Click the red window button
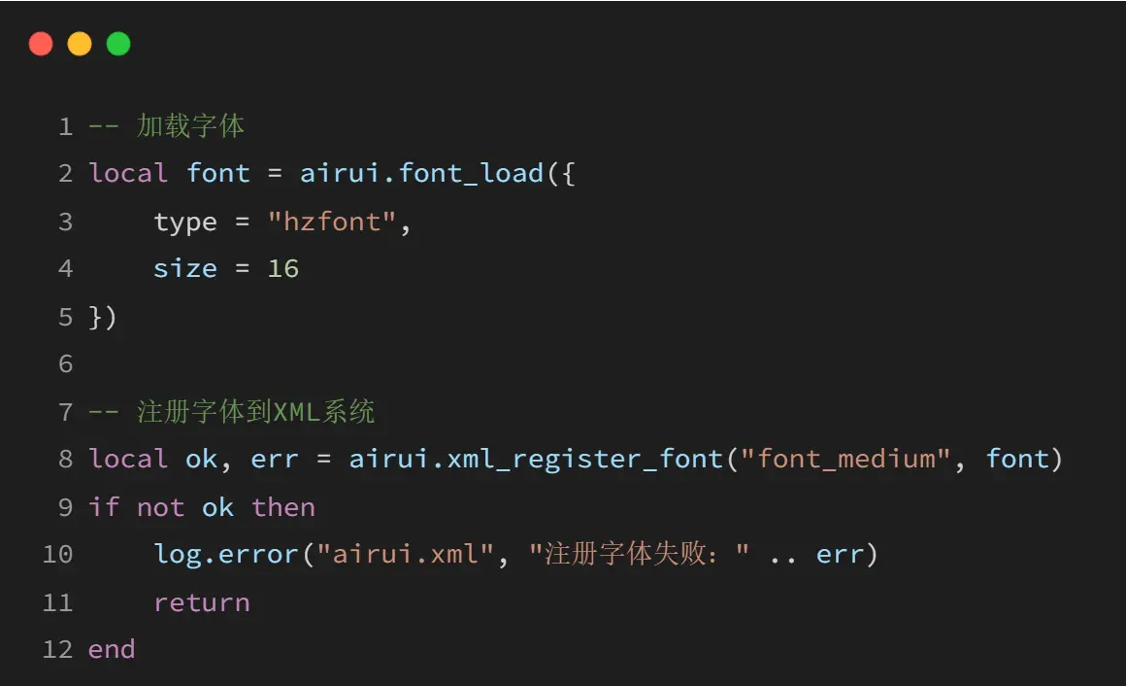41,44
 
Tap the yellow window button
80,44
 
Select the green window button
118,44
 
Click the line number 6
65,363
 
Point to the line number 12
57,649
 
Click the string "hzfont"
332,222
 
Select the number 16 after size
282,268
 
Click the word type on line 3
185,222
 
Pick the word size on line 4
185,268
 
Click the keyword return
202,602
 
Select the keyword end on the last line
112,649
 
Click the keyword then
283,507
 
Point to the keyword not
160,507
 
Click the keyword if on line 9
104,507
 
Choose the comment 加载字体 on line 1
190,126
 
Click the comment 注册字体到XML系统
255,412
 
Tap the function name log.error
226,554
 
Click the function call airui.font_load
421,173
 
